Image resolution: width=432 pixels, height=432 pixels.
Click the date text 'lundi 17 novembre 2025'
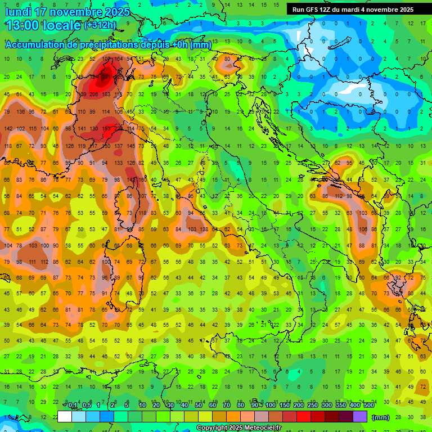coord(67,12)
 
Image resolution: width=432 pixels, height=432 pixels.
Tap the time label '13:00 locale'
coord(43,25)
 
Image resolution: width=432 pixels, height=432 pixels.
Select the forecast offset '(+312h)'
coord(100,25)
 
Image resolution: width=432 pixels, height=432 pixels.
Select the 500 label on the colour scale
coord(368,406)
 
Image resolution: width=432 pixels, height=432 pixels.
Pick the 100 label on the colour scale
coord(271,406)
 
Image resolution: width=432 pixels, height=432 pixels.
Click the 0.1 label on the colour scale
coord(73,406)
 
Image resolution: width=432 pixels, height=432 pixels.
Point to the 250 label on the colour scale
coord(312,406)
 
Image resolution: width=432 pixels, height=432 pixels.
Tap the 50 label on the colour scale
coord(198,406)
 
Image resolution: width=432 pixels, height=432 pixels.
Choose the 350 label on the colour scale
coord(340,406)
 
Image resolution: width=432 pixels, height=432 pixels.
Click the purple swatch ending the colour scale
coord(360,416)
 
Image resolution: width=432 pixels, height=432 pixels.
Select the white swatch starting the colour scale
coord(65,416)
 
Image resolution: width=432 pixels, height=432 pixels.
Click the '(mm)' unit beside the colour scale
coord(381,417)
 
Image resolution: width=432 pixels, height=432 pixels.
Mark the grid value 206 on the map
coord(93,94)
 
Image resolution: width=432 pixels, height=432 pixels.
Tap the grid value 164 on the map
coord(118,59)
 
